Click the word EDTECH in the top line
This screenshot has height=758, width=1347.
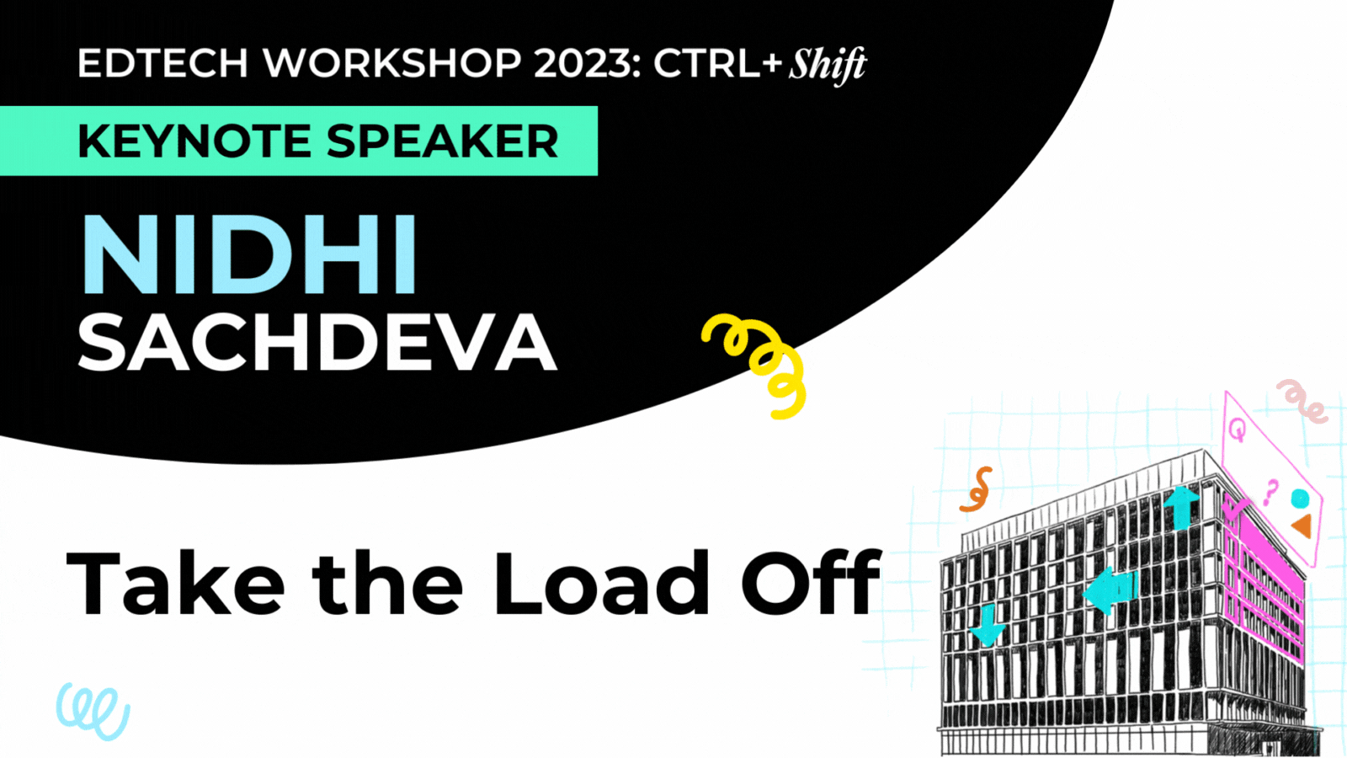point(162,63)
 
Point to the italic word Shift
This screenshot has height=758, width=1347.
point(828,65)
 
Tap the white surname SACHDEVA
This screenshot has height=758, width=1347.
point(317,343)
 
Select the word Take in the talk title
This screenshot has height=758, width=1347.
point(175,583)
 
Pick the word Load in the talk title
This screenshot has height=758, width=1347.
point(601,583)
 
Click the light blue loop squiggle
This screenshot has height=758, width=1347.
point(93,710)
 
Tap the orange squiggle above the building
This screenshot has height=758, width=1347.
point(977,490)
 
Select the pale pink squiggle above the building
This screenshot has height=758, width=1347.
point(1301,401)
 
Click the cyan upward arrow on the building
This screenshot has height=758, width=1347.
point(1181,505)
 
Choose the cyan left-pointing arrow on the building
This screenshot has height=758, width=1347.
point(1110,590)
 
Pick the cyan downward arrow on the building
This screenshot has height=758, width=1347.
point(987,625)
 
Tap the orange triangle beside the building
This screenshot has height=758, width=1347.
point(1302,526)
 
